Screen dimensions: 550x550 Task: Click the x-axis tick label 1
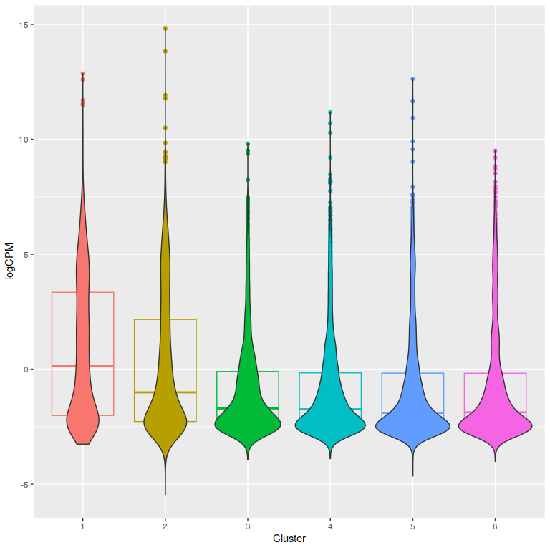[x=83, y=526]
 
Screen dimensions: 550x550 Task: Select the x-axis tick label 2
[x=165, y=526]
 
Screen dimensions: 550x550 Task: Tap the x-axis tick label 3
[x=248, y=526]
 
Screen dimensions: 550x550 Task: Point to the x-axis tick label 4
[x=330, y=526]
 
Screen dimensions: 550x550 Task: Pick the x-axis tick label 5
[x=412, y=526]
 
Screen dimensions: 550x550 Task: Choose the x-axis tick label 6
[x=495, y=526]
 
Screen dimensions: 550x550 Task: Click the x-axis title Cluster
[x=289, y=539]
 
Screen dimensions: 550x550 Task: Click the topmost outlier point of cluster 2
[x=165, y=29]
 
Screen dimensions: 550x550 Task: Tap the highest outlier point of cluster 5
[x=412, y=79]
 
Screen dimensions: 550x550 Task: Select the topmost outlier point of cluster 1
[x=83, y=74]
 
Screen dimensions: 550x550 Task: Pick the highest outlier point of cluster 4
[x=330, y=112]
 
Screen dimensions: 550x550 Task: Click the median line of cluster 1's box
[x=83, y=366]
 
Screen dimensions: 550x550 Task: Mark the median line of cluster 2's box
[x=165, y=392]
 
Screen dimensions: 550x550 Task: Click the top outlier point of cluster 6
[x=495, y=151]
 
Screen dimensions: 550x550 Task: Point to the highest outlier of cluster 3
[x=248, y=144]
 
